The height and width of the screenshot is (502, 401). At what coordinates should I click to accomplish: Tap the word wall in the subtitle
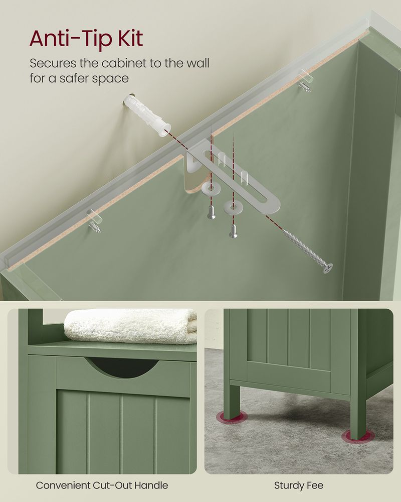point(196,64)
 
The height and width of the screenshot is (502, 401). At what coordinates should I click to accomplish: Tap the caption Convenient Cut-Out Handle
point(102,485)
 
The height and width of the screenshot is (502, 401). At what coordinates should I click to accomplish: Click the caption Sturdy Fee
point(299,485)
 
